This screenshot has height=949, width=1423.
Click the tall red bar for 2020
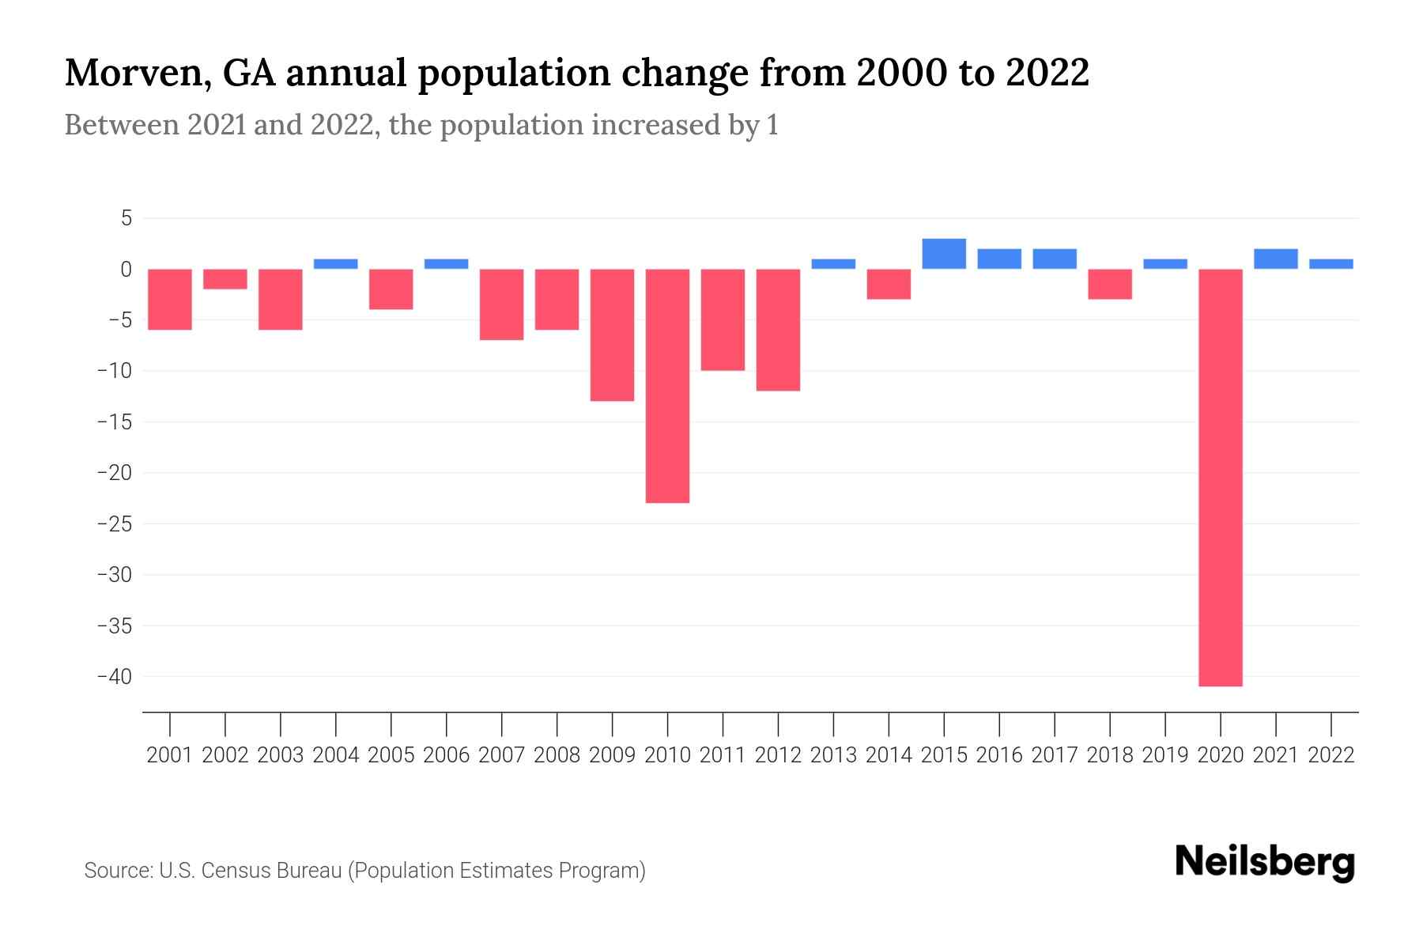coord(1221,478)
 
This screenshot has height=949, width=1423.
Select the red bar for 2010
coord(667,386)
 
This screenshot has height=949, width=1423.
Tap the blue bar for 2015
coord(944,254)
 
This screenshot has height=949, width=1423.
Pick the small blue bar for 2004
coord(336,264)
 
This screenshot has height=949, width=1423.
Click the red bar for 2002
coord(225,279)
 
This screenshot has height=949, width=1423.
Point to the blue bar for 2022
coord(1331,264)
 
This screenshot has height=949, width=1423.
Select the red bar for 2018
coord(1110,284)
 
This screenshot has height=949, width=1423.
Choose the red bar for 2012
coord(778,330)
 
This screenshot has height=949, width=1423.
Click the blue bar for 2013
coord(833,264)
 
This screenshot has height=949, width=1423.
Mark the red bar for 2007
coord(501,304)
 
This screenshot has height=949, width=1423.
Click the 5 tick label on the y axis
coord(126,218)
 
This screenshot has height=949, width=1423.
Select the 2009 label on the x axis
coord(612,755)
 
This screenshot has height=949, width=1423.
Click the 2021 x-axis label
coord(1276,755)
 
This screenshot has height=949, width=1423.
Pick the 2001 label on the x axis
coord(170,755)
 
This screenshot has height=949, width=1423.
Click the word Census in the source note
coord(235,871)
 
